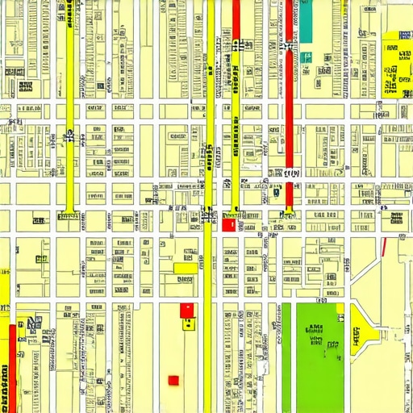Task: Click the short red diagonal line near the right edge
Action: click(x=383, y=245)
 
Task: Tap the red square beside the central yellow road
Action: click(x=227, y=225)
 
